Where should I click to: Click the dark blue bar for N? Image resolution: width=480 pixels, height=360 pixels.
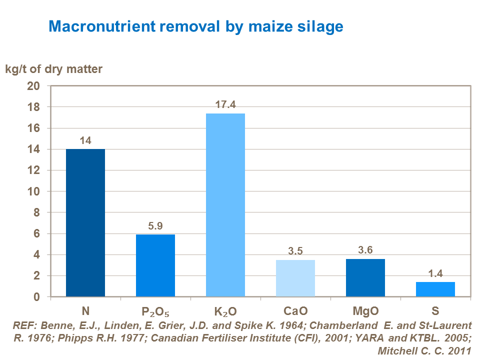tap(85, 222)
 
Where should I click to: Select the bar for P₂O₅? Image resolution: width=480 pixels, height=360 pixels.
tap(155, 265)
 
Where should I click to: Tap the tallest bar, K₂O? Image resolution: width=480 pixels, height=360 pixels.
tap(225, 205)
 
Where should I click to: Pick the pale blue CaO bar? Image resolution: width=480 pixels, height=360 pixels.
tap(295, 278)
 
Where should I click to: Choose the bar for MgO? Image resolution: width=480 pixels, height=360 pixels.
tap(365, 277)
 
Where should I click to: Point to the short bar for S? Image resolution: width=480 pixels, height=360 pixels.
tap(435, 289)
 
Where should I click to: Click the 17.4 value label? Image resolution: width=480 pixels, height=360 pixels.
tap(225, 105)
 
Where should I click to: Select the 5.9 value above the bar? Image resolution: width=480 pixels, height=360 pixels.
tap(155, 226)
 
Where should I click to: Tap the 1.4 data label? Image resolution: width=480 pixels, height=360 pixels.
tap(435, 273)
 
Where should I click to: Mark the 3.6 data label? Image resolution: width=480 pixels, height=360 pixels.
tap(365, 250)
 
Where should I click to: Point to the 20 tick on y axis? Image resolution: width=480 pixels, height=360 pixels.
tap(39, 86)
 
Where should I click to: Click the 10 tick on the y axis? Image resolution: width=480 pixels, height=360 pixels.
tap(39, 191)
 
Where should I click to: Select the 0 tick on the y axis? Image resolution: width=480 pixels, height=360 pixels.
tap(42, 297)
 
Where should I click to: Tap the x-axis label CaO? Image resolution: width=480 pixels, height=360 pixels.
tap(295, 312)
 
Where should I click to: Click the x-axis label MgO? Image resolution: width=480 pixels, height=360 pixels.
tap(365, 312)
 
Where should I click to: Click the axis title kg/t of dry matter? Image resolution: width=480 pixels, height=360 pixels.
tap(54, 69)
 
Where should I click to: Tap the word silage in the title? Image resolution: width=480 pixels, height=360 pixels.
tap(320, 26)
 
